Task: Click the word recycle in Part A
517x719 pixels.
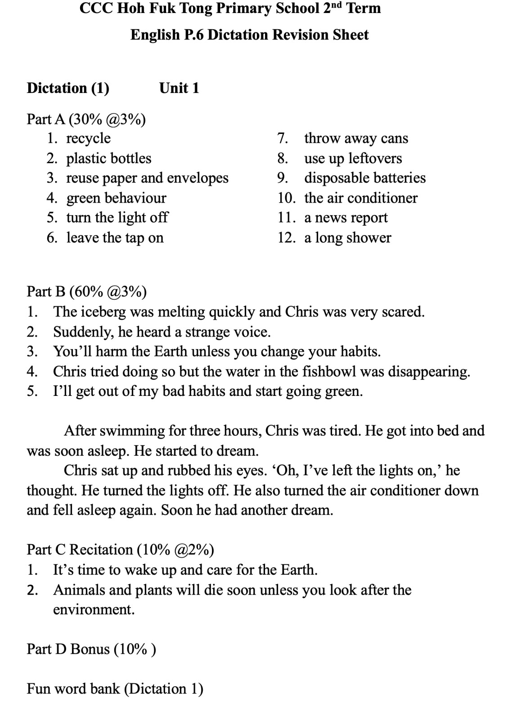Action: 88,138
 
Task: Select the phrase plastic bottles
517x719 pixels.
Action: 108,158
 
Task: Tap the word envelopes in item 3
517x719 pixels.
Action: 198,178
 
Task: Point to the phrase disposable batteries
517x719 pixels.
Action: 364,178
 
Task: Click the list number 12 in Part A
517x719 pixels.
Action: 286,237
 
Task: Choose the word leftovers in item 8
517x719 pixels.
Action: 375,158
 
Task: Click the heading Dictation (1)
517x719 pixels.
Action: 68,88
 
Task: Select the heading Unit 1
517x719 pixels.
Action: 179,88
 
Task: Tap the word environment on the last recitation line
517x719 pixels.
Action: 93,609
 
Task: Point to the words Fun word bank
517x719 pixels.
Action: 73,688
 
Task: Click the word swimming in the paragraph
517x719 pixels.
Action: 132,431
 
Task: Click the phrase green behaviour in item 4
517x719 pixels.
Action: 116,198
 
